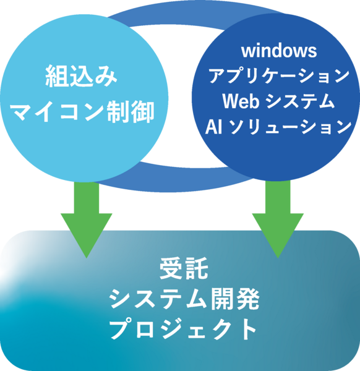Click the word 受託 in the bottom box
180,270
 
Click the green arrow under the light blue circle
86,220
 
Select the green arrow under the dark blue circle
278,220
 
